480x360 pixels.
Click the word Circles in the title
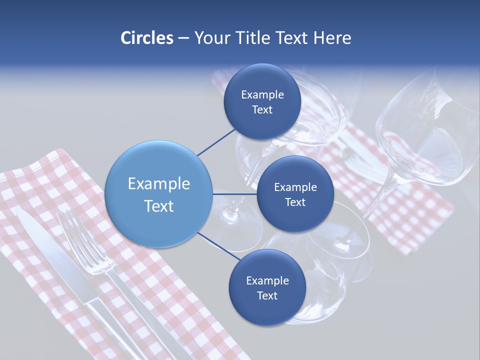point(146,37)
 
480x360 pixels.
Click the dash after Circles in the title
point(183,38)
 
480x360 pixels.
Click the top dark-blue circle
point(262,102)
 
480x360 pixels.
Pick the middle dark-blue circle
point(295,194)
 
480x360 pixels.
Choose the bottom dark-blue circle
point(267,288)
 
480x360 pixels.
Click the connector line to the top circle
point(216,142)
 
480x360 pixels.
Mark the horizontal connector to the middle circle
point(235,194)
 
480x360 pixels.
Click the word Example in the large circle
point(159,183)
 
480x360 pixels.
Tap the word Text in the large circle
point(159,206)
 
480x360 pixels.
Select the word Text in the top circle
point(262,110)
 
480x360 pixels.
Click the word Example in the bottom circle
point(267,280)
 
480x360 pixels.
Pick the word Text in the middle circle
point(295,202)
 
